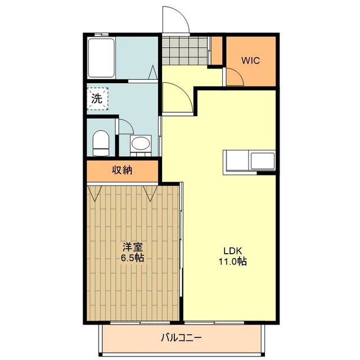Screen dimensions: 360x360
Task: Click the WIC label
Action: (x=250, y=61)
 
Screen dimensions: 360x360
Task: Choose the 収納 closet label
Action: (x=121, y=170)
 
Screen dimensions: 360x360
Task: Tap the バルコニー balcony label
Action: (x=181, y=338)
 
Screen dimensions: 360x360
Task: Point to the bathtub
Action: (x=102, y=58)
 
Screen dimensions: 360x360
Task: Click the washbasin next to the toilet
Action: (x=139, y=144)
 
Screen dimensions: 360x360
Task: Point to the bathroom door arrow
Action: (x=152, y=73)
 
